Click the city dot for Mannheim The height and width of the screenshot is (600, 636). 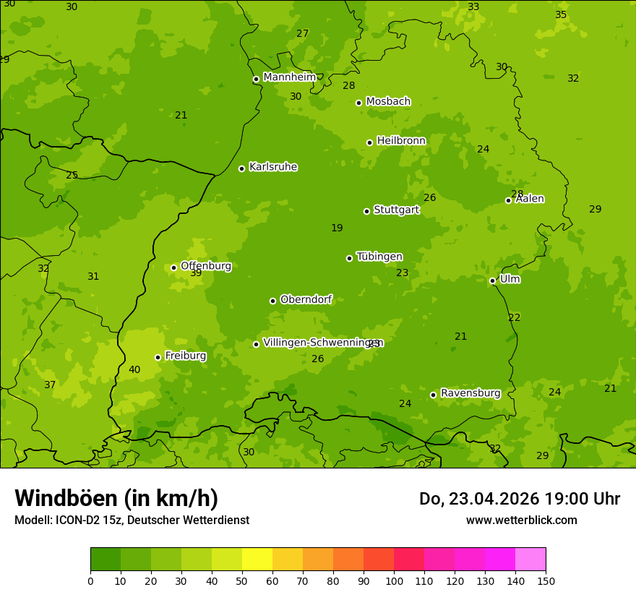coord(256,80)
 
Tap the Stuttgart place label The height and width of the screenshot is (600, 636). coord(396,210)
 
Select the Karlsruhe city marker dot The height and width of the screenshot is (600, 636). coord(241,168)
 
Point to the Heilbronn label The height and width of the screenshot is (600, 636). coord(401,140)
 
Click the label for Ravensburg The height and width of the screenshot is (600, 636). coord(470,393)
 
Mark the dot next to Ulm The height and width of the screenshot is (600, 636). coord(492,280)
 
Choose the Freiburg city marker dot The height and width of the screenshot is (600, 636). coord(158,357)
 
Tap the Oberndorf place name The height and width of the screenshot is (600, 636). coord(306,299)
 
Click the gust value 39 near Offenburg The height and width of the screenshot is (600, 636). coord(196,273)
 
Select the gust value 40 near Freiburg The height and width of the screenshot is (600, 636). coord(134,369)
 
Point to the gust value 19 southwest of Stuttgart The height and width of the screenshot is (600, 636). coord(337,228)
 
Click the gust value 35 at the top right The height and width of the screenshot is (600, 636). coord(561,14)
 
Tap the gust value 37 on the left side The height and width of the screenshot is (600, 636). coord(50,385)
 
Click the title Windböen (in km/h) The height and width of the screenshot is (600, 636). coord(116,498)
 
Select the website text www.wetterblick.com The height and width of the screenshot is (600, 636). coord(521,520)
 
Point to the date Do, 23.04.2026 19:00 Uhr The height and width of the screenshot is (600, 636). coord(519,499)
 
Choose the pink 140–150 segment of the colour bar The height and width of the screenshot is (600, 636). coord(530,560)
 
